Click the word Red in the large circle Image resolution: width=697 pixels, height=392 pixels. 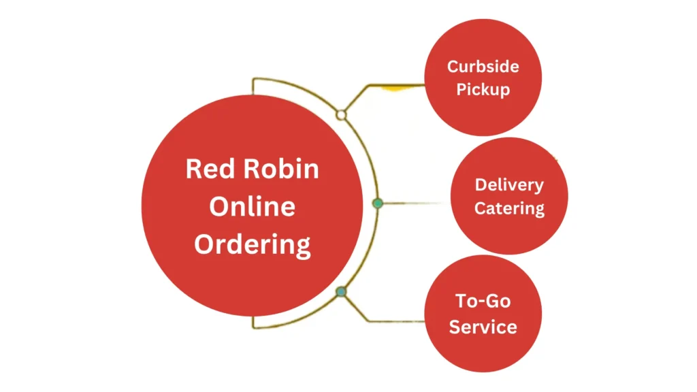coord(206,168)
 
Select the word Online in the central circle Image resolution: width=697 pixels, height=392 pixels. coord(252,206)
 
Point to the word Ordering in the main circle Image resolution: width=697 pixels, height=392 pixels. coord(252,244)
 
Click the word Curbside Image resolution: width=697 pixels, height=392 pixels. coord(483,67)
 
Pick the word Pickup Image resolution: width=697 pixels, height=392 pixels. coord(483,89)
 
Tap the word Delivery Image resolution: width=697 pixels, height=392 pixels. coord(509,185)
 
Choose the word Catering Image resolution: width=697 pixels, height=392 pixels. coord(509,208)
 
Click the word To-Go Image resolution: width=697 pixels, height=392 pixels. coord(483,301)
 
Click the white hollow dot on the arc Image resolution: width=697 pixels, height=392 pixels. coord(342,115)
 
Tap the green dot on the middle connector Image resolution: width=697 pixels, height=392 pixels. coord(378,203)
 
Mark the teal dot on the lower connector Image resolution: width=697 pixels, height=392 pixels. coord(342,292)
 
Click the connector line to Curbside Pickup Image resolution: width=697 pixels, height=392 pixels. coord(395,85)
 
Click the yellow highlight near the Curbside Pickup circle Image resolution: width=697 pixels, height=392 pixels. coord(393,88)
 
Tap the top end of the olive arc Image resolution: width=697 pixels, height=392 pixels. coord(253,86)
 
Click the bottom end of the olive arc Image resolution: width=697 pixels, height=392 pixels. coord(253,322)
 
